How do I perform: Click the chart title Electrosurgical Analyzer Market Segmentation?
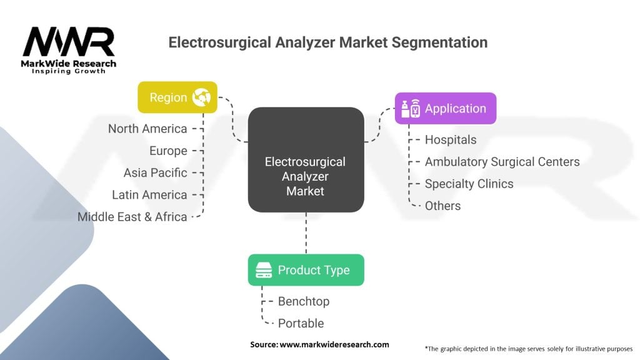[x=328, y=42]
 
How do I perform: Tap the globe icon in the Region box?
[x=201, y=97]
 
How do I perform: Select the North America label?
[x=147, y=129]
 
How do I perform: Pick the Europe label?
[x=168, y=151]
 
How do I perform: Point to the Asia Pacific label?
[x=155, y=172]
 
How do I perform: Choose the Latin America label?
[x=149, y=195]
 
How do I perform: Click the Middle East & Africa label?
[x=132, y=217]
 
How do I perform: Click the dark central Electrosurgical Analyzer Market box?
[x=306, y=160]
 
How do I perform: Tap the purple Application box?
[x=445, y=109]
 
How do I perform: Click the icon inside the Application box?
[x=411, y=109]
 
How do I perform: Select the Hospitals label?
[x=451, y=140]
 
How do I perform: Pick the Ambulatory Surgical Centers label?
[x=502, y=162]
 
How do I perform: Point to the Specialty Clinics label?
[x=469, y=184]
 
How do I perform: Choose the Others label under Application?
[x=442, y=206]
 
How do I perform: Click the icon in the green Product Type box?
[x=264, y=270]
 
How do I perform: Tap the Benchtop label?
[x=304, y=301]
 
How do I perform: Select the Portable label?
[x=301, y=323]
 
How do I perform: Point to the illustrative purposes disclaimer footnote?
[x=529, y=348]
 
